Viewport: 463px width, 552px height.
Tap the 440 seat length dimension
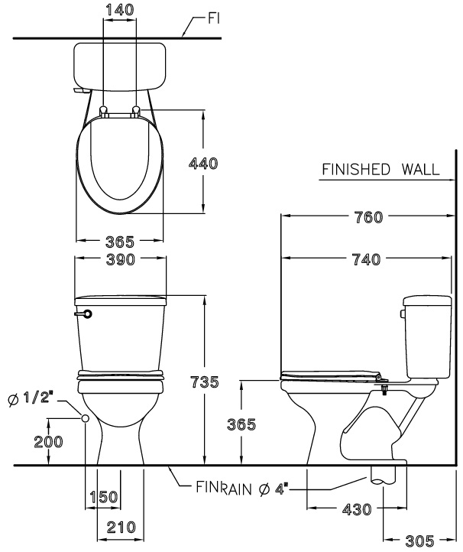coord(202,163)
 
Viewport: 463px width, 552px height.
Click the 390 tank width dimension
coord(119,260)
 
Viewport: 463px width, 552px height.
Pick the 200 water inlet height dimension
coord(48,441)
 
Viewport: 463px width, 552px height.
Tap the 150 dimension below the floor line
coord(103,497)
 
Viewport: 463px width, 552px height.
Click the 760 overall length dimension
coord(367,216)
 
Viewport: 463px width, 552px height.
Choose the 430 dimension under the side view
coord(355,508)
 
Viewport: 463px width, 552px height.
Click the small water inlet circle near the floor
coord(86,418)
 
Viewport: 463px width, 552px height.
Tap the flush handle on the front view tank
coord(85,313)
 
